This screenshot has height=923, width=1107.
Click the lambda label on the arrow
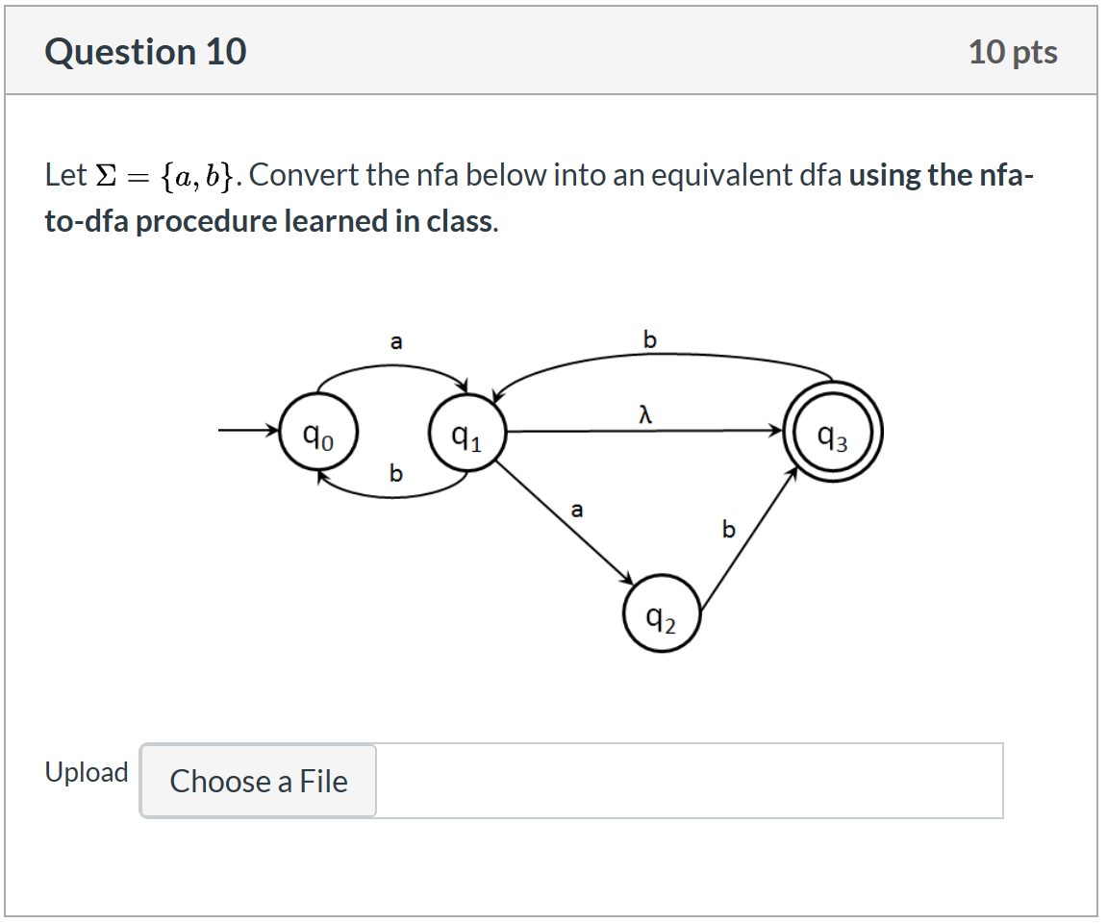click(646, 414)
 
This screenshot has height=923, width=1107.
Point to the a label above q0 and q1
click(395, 340)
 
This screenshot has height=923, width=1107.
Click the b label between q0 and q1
click(395, 473)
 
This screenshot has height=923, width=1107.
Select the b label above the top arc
click(650, 339)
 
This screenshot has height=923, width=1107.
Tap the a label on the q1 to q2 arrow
click(576, 510)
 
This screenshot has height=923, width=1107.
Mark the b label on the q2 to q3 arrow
click(728, 529)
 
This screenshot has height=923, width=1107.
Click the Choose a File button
click(259, 781)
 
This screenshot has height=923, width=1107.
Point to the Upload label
click(87, 773)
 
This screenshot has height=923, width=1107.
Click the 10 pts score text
click(1013, 52)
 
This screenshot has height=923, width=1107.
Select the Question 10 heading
click(145, 52)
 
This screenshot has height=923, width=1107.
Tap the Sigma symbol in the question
click(107, 176)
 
